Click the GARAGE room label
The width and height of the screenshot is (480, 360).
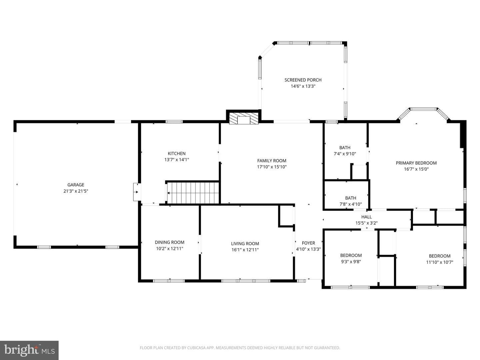click(x=76, y=185)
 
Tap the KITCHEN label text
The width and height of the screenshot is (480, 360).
click(x=177, y=153)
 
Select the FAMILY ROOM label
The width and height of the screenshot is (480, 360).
click(x=272, y=161)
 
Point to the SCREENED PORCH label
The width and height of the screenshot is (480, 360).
click(x=303, y=80)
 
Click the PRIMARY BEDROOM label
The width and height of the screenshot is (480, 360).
click(x=416, y=163)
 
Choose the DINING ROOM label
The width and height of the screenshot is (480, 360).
click(x=169, y=242)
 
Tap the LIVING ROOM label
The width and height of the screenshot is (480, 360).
click(x=245, y=243)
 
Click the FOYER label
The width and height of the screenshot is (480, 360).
click(x=308, y=243)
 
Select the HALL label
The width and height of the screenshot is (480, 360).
click(x=366, y=217)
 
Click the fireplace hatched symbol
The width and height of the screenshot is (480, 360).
click(x=244, y=118)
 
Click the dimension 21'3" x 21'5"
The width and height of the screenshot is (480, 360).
click(x=76, y=191)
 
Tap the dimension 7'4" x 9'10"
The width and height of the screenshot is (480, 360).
click(x=345, y=154)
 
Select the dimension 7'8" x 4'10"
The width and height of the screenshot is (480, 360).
click(x=351, y=204)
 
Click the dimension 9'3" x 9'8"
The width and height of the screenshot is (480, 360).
click(x=351, y=261)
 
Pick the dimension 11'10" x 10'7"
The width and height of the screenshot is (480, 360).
click(x=440, y=262)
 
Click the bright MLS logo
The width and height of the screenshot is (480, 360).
click(x=29, y=350)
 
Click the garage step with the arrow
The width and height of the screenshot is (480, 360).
click(x=137, y=192)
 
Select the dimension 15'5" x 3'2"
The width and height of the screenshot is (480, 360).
click(x=366, y=223)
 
